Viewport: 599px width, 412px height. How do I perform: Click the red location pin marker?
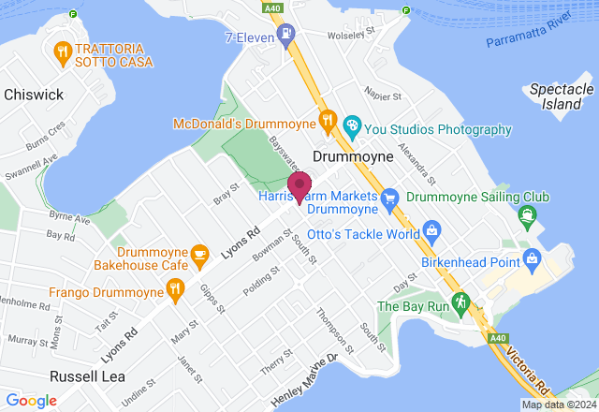299,185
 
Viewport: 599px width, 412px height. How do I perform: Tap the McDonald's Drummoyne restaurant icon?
327,120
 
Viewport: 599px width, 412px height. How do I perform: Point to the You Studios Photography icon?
352,124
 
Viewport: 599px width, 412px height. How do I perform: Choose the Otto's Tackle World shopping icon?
431,229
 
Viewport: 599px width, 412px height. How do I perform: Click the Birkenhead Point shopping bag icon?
533,257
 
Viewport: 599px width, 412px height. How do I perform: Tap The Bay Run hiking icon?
460,302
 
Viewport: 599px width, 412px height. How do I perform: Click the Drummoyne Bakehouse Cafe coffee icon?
198,253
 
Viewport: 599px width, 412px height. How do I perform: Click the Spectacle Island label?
562,96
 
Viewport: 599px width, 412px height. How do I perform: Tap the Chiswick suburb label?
33,95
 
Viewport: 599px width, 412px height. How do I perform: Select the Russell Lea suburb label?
86,375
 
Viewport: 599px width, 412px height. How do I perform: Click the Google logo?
31,401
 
